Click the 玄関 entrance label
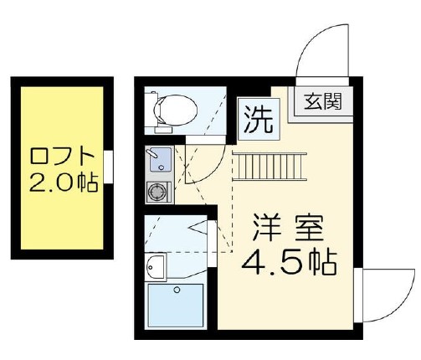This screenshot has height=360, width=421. [321, 105]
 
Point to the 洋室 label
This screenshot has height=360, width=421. [285, 228]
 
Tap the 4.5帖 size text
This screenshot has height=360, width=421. [288, 265]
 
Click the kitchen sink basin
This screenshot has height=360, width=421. [157, 158]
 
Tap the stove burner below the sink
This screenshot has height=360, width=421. [156, 192]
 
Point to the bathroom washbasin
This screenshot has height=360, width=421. [157, 267]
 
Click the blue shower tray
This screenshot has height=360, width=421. [176, 306]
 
